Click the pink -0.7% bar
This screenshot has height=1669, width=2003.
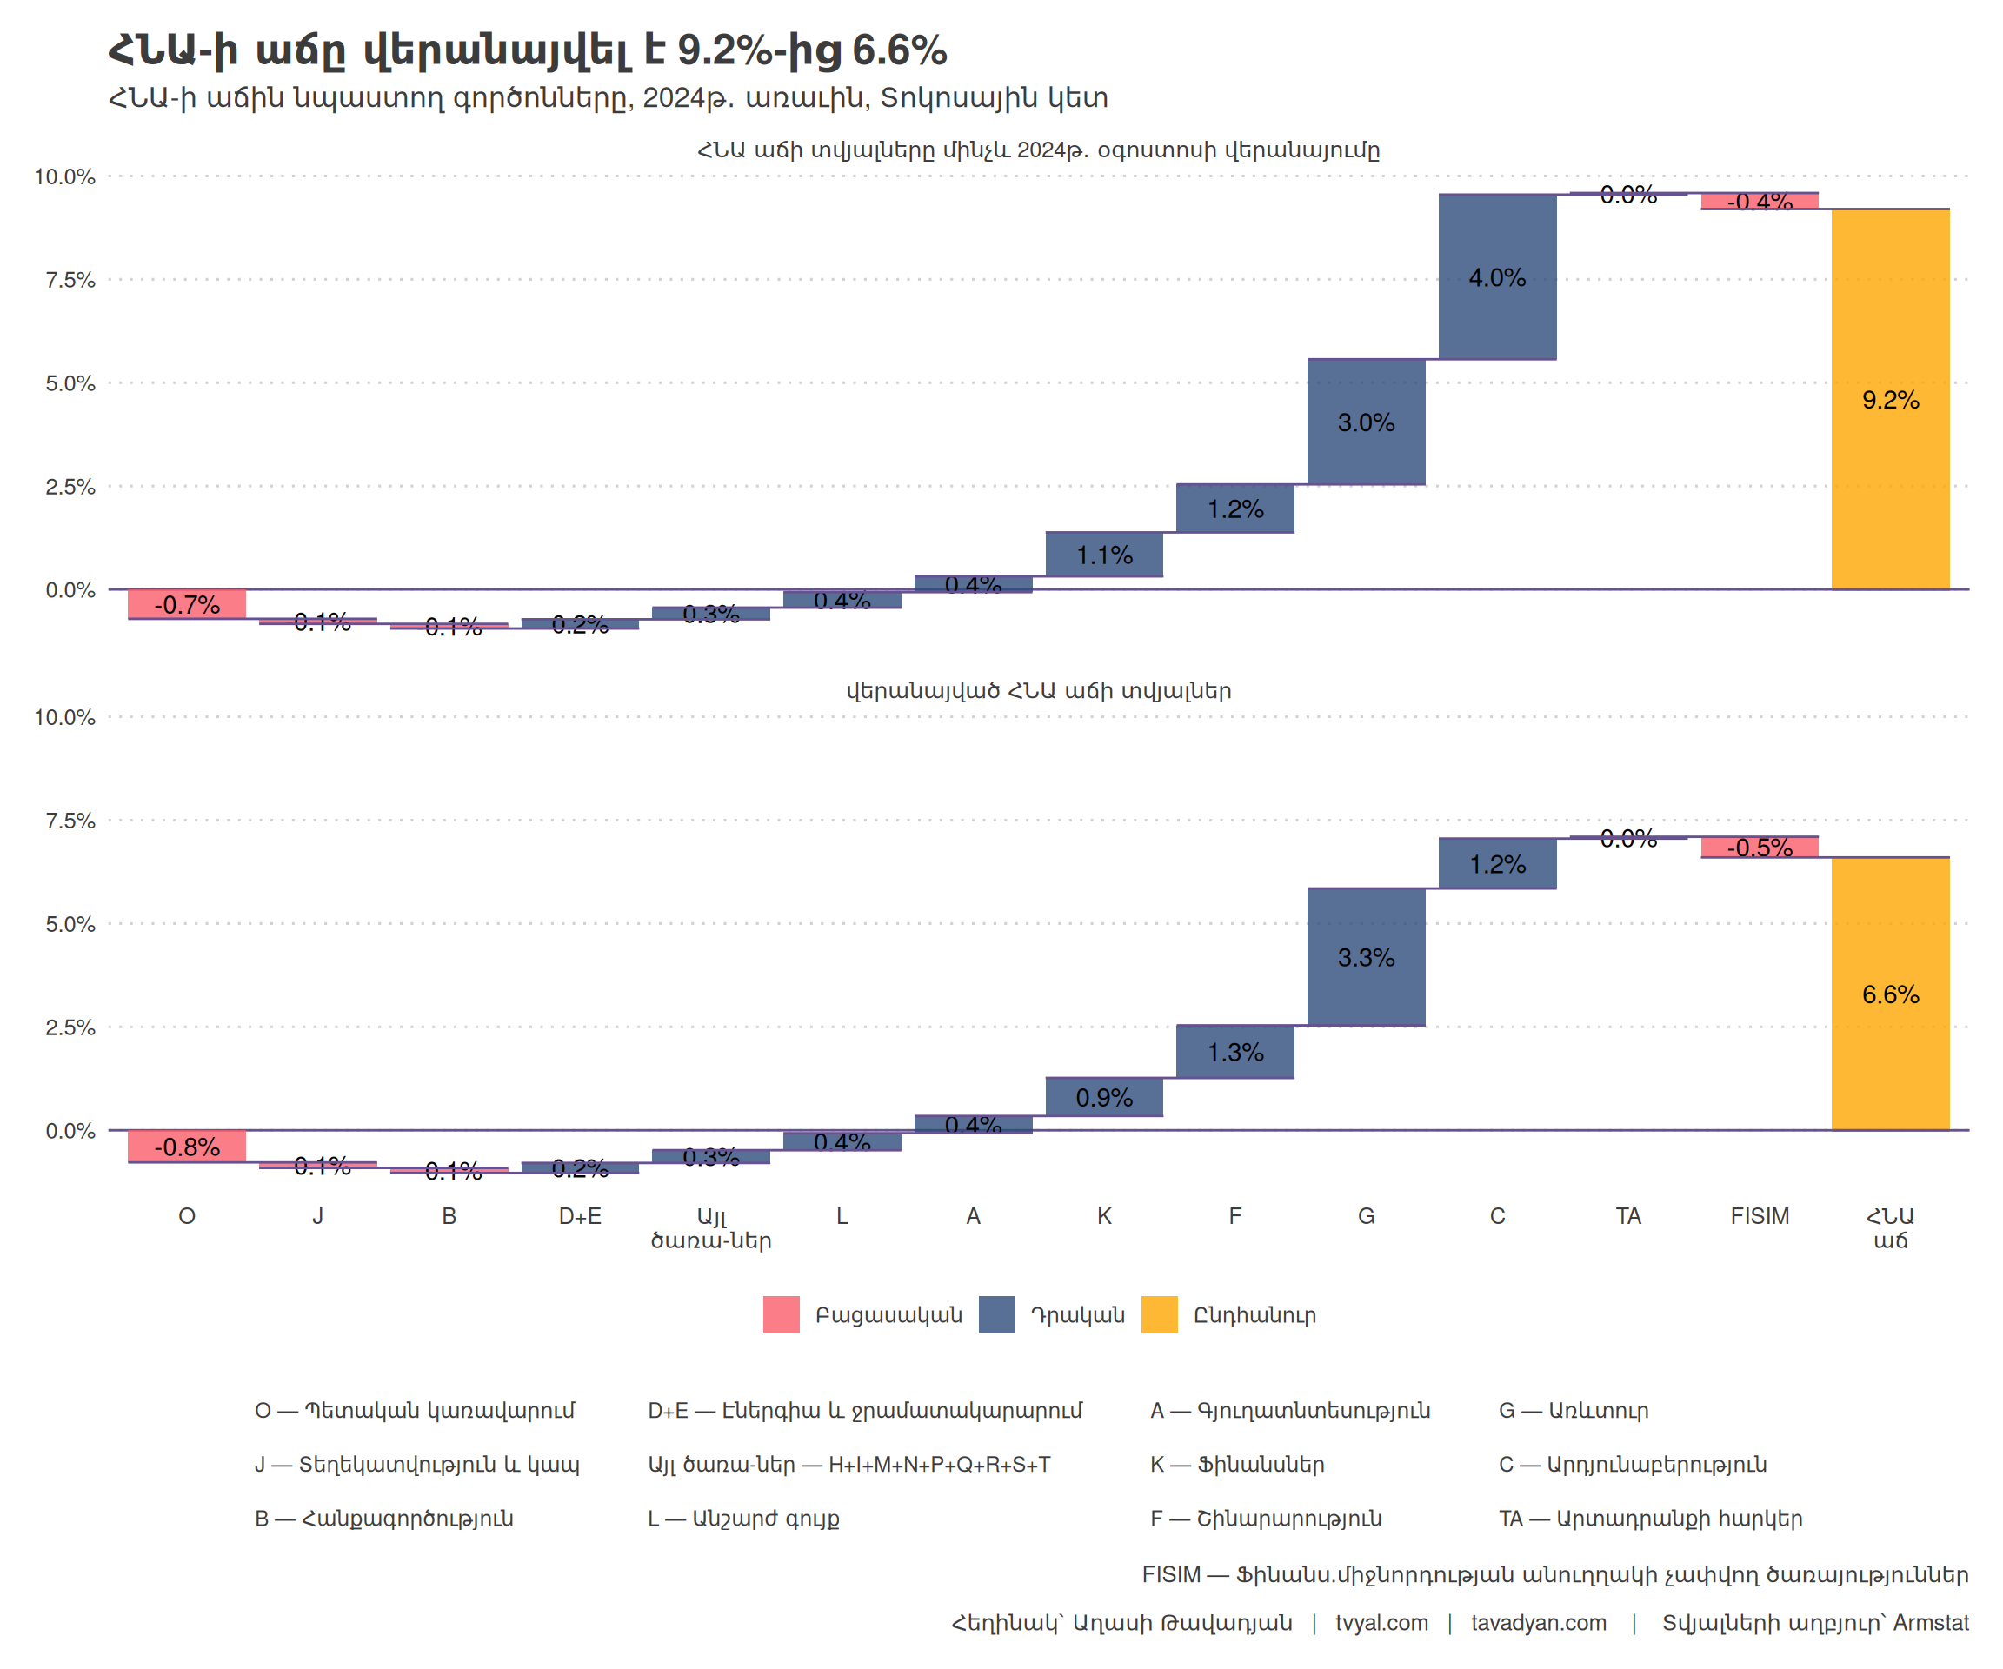pos(187,603)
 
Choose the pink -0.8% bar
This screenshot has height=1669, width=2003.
pos(187,1146)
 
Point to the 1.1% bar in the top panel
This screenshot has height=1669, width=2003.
pos(1103,554)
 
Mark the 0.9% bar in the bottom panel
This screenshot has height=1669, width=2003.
pos(1103,1097)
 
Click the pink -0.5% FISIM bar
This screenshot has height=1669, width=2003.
pos(1759,847)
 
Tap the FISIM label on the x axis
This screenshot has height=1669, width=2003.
pos(1759,1216)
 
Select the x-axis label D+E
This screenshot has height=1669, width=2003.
pos(580,1216)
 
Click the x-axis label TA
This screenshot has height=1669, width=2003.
pos(1628,1216)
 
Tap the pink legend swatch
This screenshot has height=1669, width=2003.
pos(782,1315)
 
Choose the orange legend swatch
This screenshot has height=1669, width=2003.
pos(1159,1315)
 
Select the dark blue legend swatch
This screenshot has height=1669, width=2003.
pos(997,1315)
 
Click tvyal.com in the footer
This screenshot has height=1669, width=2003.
pos(1381,1623)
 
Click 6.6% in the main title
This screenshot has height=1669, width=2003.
pos(899,50)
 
